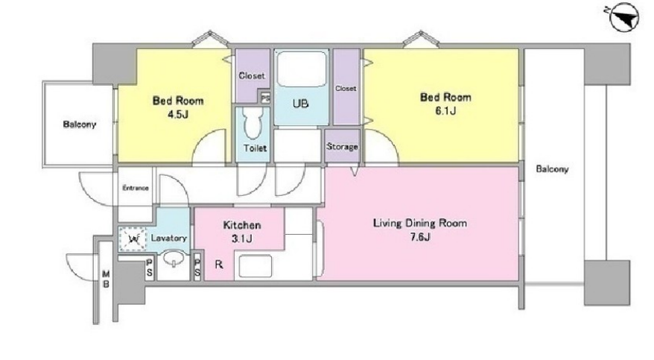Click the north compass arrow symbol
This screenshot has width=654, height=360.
(624, 18)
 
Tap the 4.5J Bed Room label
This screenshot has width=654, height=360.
(178, 107)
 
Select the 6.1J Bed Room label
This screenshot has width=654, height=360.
(445, 104)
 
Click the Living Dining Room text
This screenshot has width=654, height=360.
(419, 223)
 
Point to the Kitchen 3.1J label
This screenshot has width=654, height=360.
(242, 232)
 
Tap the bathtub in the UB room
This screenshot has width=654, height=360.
(302, 69)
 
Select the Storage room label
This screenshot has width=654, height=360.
(342, 147)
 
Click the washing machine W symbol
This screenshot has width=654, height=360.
(133, 239)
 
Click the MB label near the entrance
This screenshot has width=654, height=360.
(107, 279)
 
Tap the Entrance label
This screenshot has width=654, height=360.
(136, 188)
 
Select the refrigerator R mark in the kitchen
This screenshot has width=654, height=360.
(218, 265)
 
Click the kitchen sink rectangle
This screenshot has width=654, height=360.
(255, 266)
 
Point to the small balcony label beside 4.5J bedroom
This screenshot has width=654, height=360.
(79, 124)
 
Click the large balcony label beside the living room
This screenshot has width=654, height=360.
(552, 169)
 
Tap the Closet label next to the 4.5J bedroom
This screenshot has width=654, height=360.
(252, 75)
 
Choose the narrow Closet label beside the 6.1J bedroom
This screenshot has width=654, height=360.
(346, 89)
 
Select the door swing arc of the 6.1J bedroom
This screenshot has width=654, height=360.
(388, 138)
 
